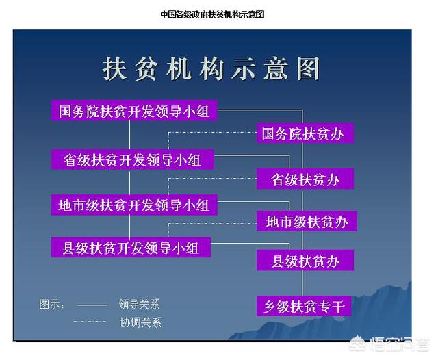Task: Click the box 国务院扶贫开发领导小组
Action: pyautogui.click(x=134, y=110)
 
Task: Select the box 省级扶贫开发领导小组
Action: pyautogui.click(x=132, y=159)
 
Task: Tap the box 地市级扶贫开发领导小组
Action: pyautogui.click(x=134, y=205)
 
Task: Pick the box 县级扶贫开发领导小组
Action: pyautogui.click(x=131, y=247)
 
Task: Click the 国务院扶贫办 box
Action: pyautogui.click(x=305, y=133)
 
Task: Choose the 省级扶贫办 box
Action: pyautogui.click(x=305, y=179)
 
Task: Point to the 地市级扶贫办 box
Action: pyautogui.click(x=307, y=221)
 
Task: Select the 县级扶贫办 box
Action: pyautogui.click(x=305, y=260)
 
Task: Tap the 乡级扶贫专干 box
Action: pyautogui.click(x=304, y=306)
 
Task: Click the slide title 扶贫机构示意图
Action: pyautogui.click(x=211, y=68)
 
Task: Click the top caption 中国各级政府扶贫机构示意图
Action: pyautogui.click(x=212, y=14)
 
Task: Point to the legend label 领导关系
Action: pyautogui.click(x=139, y=304)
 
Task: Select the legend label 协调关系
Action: pyautogui.click(x=140, y=322)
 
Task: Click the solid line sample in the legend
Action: pyautogui.click(x=92, y=305)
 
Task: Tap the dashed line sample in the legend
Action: pyautogui.click(x=90, y=322)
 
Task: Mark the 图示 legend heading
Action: pyautogui.click(x=52, y=304)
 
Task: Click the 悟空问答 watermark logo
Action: pyautogui.click(x=389, y=344)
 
